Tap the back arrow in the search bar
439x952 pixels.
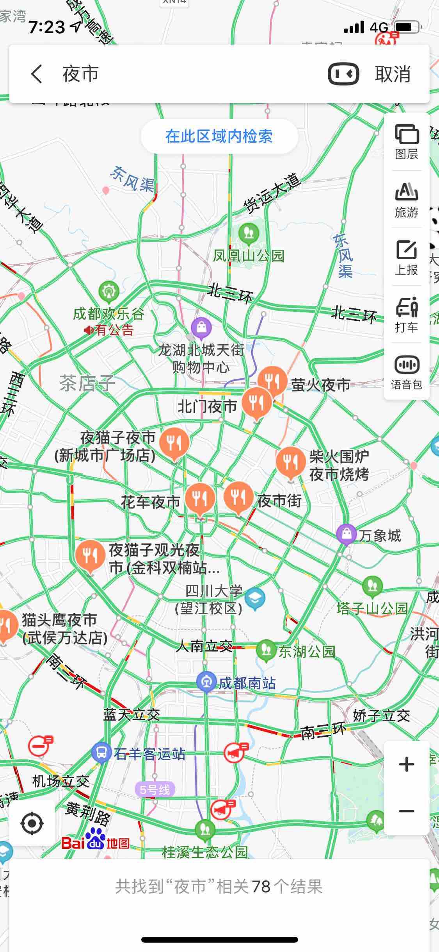coord(37,74)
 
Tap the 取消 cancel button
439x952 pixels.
coord(393,74)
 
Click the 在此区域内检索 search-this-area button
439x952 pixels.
coord(219,136)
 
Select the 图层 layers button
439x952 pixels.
coord(407,142)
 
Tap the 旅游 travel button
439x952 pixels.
coord(407,200)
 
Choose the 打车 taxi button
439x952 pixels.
coord(407,315)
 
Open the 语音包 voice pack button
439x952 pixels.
coord(407,372)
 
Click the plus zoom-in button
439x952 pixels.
coord(407,764)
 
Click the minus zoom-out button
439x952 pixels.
coord(407,811)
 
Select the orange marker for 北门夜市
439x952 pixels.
coord(256,402)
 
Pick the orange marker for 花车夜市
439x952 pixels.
coord(200,498)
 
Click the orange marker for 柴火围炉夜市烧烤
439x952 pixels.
coord(290,461)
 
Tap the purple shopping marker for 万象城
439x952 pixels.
coord(347,534)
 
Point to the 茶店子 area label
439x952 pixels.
coord(87,383)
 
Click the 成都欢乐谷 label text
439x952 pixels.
coord(108,314)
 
